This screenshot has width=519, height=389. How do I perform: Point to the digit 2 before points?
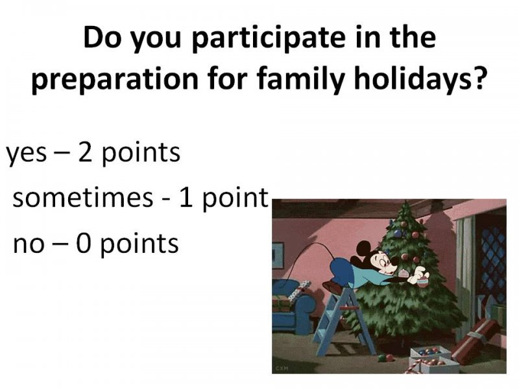85,152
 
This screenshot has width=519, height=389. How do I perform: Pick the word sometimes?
83,198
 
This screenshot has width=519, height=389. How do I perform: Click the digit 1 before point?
186,198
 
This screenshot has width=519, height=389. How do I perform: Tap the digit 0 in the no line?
83,243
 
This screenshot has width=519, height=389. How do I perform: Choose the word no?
29,245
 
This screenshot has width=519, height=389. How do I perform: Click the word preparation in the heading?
115,81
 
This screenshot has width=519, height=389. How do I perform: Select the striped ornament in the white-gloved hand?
423,282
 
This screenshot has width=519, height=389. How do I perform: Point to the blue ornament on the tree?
398,234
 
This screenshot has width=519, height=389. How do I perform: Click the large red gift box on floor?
476,340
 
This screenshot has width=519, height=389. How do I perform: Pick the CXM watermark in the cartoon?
281,368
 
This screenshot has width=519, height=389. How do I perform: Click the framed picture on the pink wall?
278,255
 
